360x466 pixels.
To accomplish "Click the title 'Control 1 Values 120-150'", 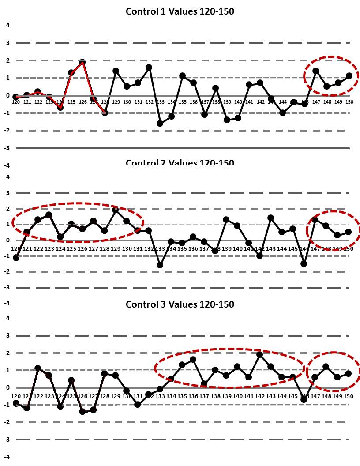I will click(180, 11).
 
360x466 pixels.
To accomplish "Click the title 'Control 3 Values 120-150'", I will click(180, 304).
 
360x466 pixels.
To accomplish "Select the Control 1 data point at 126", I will click(82, 62).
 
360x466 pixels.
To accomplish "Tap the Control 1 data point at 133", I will click(160, 124).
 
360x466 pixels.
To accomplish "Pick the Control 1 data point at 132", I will click(149, 68).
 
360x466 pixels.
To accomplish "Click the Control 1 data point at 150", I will click(349, 76).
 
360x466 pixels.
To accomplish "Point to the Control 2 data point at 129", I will click(116, 210).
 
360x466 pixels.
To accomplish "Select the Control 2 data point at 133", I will click(160, 265).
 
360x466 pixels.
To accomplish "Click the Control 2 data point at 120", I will click(16, 258).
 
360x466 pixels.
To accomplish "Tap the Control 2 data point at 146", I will click(304, 263).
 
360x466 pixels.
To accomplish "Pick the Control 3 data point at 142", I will click(260, 354).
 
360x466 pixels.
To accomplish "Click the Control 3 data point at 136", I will click(193, 360).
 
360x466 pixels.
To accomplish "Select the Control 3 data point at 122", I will click(38, 368).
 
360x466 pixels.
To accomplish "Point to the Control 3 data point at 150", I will click(349, 373).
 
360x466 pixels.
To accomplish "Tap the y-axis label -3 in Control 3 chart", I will click(7, 440).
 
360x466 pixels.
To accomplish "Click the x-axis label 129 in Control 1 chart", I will click(116, 102).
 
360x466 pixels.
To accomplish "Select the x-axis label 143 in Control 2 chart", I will click(271, 248).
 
